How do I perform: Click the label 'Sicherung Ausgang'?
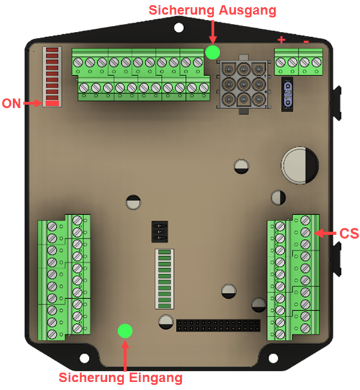pos(212,10)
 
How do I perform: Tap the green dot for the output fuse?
pos(212,52)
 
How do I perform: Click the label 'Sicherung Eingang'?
pos(120,377)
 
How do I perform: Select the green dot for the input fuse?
pos(125,331)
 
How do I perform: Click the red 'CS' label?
pos(349,233)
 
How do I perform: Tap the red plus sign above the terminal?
pos(281,40)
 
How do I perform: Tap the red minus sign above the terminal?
pos(306,41)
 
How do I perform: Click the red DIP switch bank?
pos(53,77)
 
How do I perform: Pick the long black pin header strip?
pos(218,326)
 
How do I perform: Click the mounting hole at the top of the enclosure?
pos(179,28)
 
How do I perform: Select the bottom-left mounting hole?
pos(85,359)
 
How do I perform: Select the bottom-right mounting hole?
pos(274,359)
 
